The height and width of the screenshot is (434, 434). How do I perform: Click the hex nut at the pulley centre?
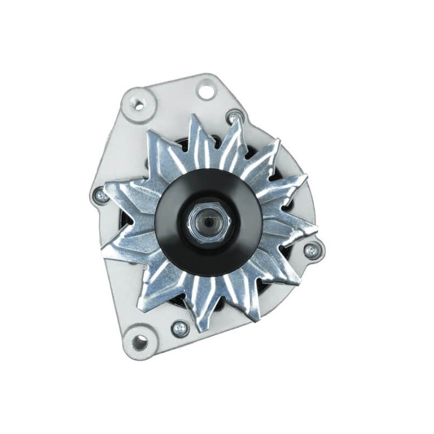tap(208, 222)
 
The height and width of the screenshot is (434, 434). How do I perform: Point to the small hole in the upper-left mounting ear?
tap(139, 105)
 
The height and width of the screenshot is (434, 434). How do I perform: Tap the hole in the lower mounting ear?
tap(139, 342)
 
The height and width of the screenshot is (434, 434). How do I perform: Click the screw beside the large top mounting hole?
tap(234, 116)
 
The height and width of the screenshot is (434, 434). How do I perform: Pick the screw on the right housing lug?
tap(311, 250)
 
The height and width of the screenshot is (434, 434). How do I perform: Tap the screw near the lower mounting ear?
tap(179, 328)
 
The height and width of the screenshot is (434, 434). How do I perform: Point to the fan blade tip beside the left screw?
tap(108, 187)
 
